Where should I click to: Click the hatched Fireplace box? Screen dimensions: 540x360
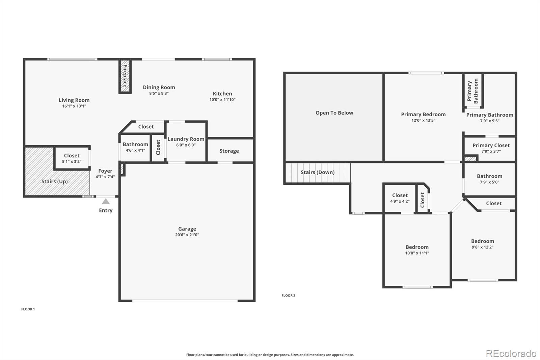[x=125, y=76]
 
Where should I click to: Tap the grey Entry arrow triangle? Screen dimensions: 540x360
[x=106, y=202]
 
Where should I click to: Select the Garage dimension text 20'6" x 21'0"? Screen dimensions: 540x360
[x=187, y=235]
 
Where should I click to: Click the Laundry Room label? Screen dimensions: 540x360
[x=186, y=139]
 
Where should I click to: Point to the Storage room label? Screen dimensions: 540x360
[x=229, y=151]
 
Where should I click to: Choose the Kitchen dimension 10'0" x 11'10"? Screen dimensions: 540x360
[x=222, y=99]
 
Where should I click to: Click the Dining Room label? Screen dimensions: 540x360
[x=159, y=87]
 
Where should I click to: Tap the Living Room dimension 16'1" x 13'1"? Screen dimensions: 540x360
[x=74, y=106]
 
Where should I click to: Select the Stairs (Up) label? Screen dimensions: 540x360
[x=54, y=181]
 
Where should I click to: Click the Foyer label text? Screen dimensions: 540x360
[x=105, y=171]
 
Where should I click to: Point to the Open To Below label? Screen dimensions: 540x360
[x=334, y=113]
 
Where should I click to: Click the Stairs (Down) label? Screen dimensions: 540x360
[x=318, y=172]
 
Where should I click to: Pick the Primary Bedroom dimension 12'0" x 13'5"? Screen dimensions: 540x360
[x=423, y=120]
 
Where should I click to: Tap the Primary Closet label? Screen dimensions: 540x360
[x=491, y=146]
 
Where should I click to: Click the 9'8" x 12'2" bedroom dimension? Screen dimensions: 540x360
[x=483, y=247]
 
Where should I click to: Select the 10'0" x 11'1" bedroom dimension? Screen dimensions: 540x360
[x=417, y=253]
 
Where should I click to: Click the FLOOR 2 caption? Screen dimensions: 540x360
[x=288, y=295]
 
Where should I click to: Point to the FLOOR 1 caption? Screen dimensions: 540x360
[x=28, y=309]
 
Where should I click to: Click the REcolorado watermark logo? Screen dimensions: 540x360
[x=511, y=354]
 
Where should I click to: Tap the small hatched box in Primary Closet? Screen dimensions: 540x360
[x=470, y=158]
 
